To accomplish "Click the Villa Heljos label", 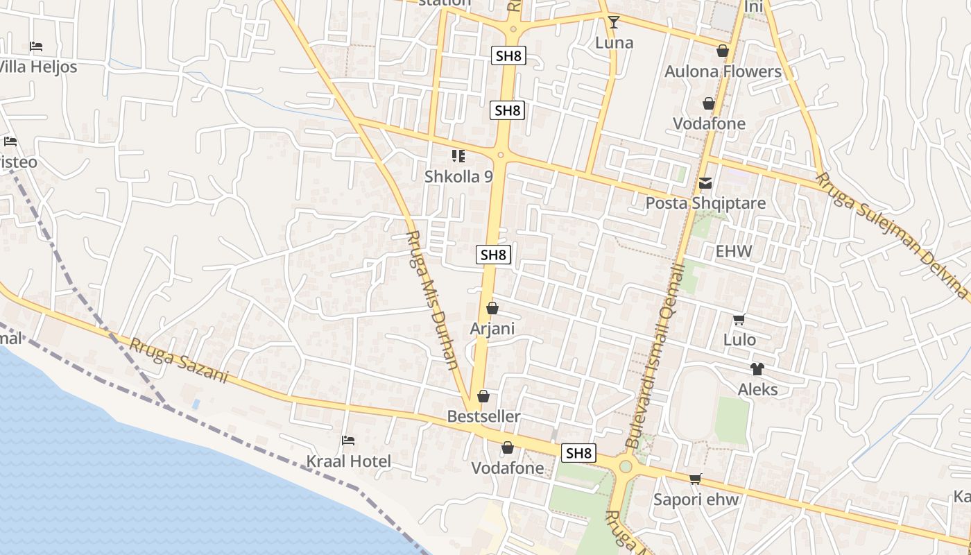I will pyautogui.click(x=37, y=67).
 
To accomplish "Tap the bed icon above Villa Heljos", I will pyautogui.click(x=36, y=46).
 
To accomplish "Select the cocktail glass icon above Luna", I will pyautogui.click(x=613, y=22).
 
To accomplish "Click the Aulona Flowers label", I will pyautogui.click(x=723, y=71).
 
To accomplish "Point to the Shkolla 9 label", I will pyautogui.click(x=458, y=176).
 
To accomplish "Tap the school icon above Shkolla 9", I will pyautogui.click(x=458, y=156).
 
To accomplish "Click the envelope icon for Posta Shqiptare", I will pyautogui.click(x=705, y=183).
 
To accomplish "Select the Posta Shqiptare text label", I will pyautogui.click(x=705, y=203).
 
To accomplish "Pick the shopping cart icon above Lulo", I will pyautogui.click(x=739, y=320).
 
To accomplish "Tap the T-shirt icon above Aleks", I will pyautogui.click(x=757, y=369).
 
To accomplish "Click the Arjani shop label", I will pyautogui.click(x=492, y=328).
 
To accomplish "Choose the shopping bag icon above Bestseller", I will pyautogui.click(x=483, y=396).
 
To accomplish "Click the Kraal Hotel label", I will pyautogui.click(x=349, y=461).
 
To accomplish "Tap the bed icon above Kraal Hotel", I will pyautogui.click(x=348, y=441).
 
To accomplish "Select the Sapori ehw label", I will pyautogui.click(x=696, y=499).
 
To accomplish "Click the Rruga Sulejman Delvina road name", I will pyautogui.click(x=891, y=236).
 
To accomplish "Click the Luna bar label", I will pyautogui.click(x=615, y=43).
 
